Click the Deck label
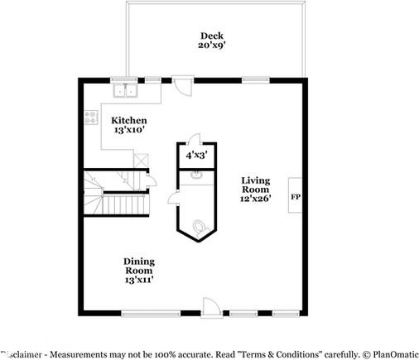point(211,35)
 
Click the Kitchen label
point(128,119)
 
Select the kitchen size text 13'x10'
point(128,130)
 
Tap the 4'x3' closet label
point(196,155)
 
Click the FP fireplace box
point(295,196)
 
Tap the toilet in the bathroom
point(199,226)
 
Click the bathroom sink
point(196,175)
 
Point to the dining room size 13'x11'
point(139,281)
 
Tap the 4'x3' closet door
point(193,139)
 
